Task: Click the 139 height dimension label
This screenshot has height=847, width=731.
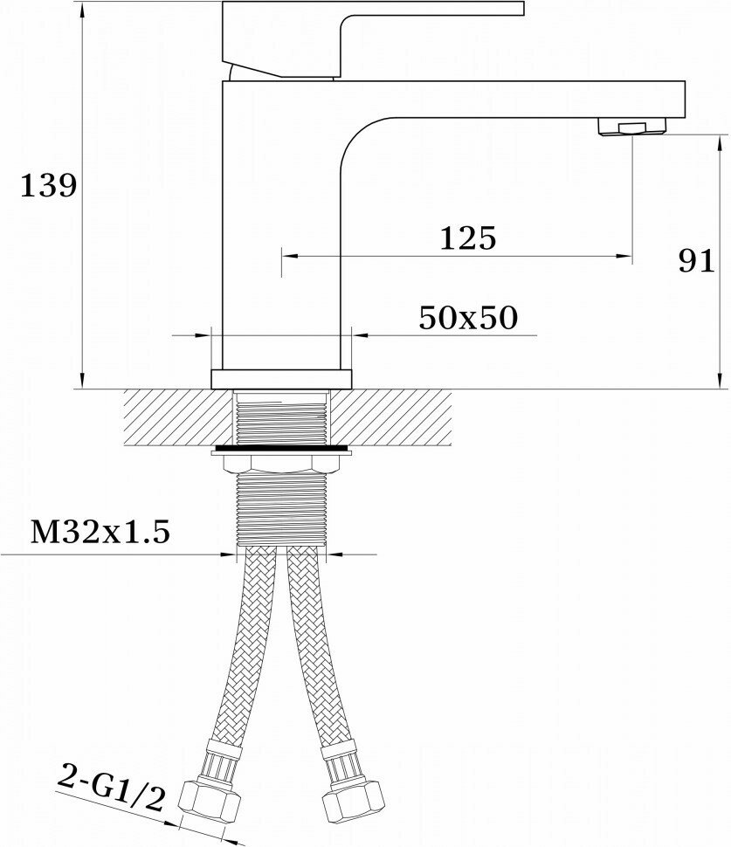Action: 48,186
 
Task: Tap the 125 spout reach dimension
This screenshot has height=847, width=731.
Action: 468,238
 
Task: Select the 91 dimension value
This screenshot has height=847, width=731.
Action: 696,261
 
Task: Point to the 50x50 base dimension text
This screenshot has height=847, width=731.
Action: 468,318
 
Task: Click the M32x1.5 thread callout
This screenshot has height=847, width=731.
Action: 100,532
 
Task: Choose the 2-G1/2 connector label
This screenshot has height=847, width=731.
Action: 110,787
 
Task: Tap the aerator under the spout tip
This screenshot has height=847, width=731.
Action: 632,127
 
